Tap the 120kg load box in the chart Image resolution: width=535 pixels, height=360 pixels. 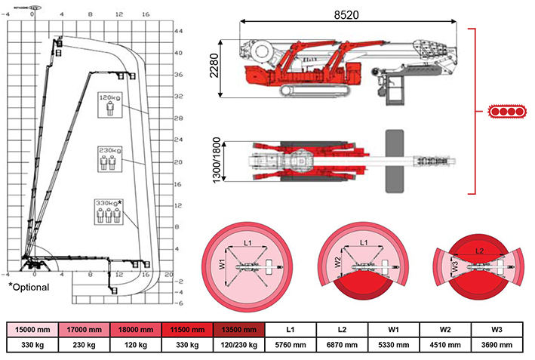(x=110, y=103)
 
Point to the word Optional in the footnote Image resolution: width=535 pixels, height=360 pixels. (x=31, y=288)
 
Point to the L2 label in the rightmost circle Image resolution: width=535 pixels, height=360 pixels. (x=480, y=249)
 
